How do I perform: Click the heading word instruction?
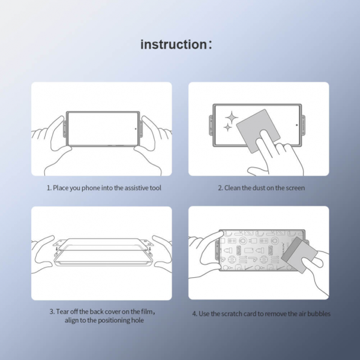click(173, 44)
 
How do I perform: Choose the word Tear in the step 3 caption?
click(62, 312)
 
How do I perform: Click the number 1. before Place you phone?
click(49, 188)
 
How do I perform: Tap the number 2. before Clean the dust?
click(220, 188)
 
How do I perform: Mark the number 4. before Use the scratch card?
click(194, 313)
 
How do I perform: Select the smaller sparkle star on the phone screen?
click(227, 128)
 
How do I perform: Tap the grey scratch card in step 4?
click(300, 252)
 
